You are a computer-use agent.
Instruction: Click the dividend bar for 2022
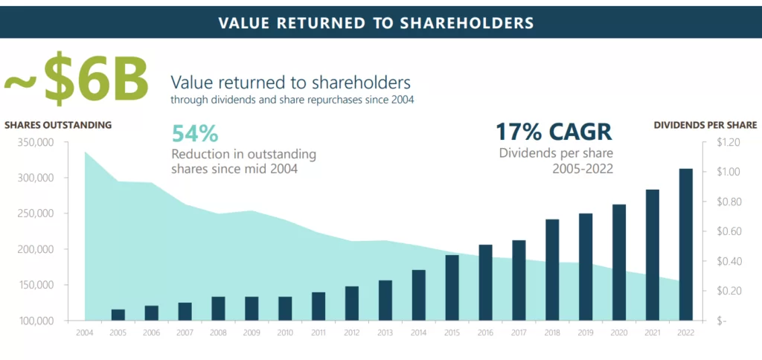point(686,245)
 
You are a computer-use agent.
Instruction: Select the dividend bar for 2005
point(118,315)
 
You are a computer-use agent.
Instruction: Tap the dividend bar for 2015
point(452,288)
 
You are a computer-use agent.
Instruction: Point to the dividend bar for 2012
point(351,303)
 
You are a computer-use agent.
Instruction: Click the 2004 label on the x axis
point(85,332)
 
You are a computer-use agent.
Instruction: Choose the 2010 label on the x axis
point(285,332)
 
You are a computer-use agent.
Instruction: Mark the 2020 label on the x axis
point(619,332)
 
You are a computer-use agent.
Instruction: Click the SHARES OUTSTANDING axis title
point(58,125)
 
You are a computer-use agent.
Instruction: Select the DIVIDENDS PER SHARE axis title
point(705,125)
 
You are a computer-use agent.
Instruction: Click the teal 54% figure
point(195,134)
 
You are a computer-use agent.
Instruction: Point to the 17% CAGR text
point(554,132)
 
